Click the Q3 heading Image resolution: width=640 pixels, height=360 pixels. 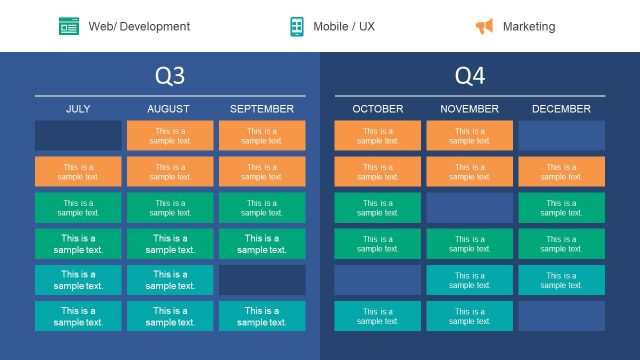170,76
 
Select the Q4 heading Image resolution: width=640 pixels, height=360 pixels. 470,76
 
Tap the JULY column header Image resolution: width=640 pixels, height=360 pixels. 78,109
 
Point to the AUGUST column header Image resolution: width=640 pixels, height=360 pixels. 169,109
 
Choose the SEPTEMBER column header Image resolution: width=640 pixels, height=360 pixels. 262,109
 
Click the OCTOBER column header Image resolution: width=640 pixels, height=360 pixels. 378,109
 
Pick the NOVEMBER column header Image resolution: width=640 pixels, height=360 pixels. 470,109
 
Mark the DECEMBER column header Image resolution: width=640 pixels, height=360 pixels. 561,109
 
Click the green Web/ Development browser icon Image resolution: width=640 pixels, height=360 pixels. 69,26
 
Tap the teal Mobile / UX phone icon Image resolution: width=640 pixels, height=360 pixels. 297,26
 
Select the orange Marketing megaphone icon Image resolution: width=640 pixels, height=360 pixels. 484,26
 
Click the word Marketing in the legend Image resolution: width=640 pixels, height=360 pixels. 529,26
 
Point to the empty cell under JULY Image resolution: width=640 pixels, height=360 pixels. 78,135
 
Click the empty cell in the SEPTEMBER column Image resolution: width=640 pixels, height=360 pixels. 262,280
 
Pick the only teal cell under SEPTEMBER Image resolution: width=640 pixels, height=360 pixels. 262,316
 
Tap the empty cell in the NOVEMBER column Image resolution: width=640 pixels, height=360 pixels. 470,208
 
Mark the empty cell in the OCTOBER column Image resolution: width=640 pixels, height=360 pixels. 378,280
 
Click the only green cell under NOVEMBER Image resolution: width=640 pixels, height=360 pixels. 470,244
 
